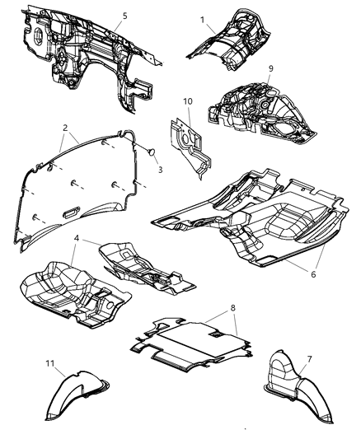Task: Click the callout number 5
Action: (124, 16)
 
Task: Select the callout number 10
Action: (188, 101)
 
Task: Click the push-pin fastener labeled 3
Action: (149, 152)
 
